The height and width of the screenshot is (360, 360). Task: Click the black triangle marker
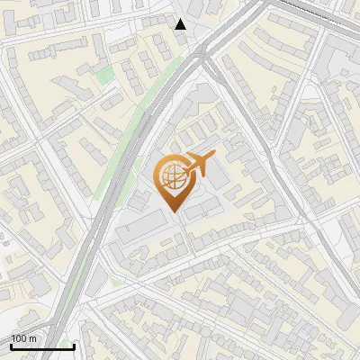(181, 24)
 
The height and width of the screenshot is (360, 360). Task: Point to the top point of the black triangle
(181, 19)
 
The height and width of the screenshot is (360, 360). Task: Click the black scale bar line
(42, 346)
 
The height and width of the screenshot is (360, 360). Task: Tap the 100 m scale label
(24, 338)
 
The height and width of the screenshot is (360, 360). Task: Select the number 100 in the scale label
(20, 338)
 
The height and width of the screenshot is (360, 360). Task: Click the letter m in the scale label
(33, 339)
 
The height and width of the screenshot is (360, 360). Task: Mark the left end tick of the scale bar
(11, 345)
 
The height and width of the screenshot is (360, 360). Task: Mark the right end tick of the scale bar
(74, 345)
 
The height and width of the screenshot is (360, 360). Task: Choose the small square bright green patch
(105, 75)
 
